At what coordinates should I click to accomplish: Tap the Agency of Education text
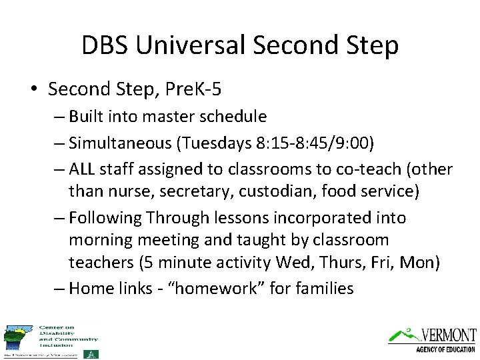point(445,349)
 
